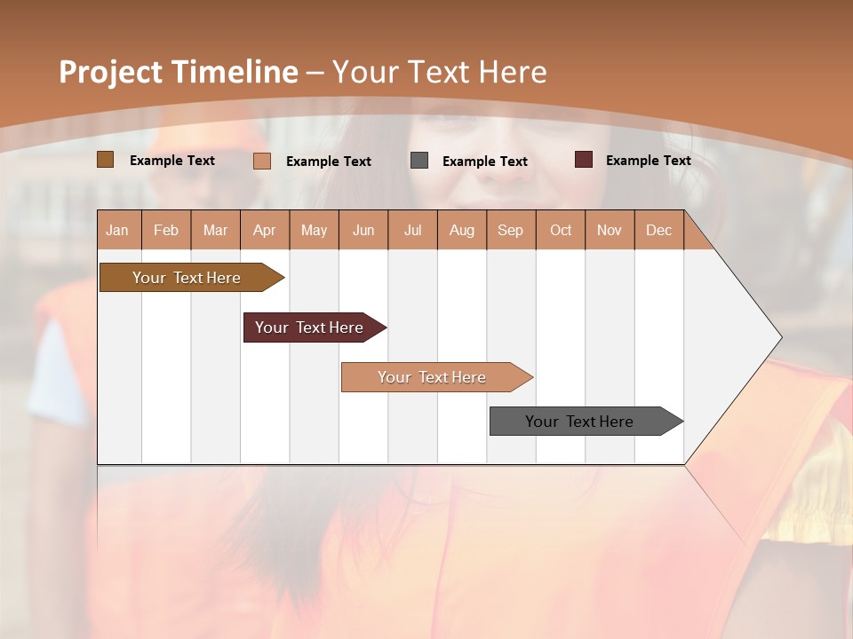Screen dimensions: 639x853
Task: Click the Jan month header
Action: coord(118,230)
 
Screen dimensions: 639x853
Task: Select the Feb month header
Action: coord(166,230)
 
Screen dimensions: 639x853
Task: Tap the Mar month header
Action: coord(215,230)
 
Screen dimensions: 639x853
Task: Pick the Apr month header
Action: coord(265,230)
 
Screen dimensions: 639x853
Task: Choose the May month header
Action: coord(314,230)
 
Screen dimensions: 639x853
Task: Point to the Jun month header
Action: coord(363,230)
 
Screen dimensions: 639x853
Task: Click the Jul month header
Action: coord(412,230)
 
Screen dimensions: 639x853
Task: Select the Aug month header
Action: coord(462,230)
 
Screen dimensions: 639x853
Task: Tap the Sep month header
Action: coord(511,230)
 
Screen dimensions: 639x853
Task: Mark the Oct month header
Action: coord(561,230)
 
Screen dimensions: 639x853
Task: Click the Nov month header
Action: coord(610,230)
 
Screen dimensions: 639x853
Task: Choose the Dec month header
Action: coord(658,230)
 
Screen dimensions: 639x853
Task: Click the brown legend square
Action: coord(105,160)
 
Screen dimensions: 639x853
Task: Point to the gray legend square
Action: coord(419,161)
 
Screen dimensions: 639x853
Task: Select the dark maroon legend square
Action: coord(584,160)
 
